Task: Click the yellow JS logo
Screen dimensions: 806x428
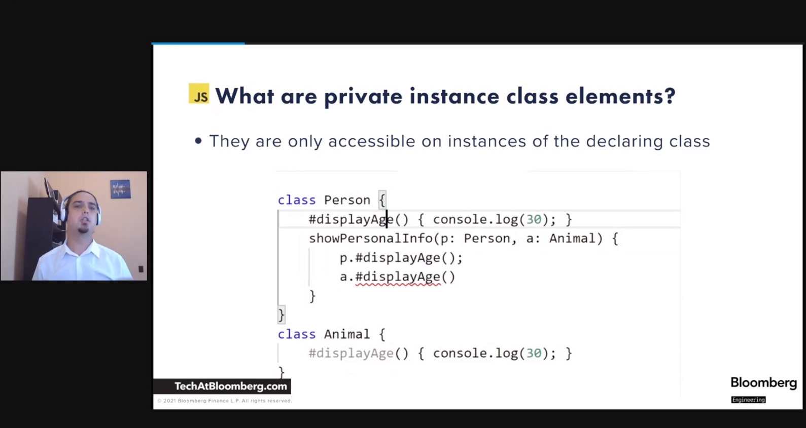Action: (199, 93)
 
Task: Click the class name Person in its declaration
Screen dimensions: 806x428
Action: (347, 200)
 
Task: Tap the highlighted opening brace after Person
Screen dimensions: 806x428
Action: (382, 200)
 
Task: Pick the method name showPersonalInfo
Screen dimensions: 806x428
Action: (371, 238)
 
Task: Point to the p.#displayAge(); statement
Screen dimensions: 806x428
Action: (401, 258)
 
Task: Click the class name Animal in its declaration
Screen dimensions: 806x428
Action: (347, 334)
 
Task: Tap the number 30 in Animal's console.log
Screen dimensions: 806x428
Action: (534, 353)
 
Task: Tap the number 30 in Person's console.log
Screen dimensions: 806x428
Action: (534, 219)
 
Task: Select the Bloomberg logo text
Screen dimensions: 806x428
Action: (763, 383)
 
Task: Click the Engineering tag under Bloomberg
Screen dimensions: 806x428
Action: (749, 400)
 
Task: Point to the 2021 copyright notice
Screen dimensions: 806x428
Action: (224, 401)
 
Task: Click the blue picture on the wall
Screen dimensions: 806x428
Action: (121, 189)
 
